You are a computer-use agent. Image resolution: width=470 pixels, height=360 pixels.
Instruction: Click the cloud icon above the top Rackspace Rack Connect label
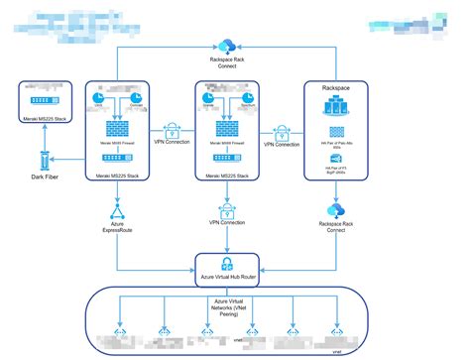point(226,45)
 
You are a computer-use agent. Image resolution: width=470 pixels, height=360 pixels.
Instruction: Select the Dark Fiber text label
point(44,181)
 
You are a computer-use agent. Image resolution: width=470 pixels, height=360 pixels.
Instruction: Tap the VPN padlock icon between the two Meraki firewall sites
point(174,131)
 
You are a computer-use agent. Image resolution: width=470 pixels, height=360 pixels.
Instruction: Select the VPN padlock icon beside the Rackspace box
point(281,131)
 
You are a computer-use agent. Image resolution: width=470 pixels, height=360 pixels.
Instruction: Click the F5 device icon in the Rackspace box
point(336,158)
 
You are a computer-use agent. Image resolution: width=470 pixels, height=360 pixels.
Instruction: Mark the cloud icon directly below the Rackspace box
point(336,210)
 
